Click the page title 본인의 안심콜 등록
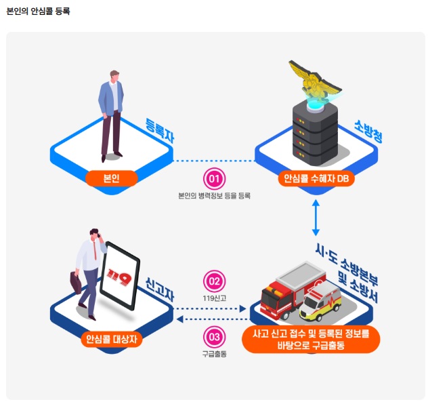38,12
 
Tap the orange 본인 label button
112,178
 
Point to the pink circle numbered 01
214,179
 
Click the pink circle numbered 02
214,281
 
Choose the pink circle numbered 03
214,337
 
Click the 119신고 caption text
214,297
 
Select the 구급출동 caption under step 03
214,353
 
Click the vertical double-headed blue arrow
316,218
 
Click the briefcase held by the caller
75,281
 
